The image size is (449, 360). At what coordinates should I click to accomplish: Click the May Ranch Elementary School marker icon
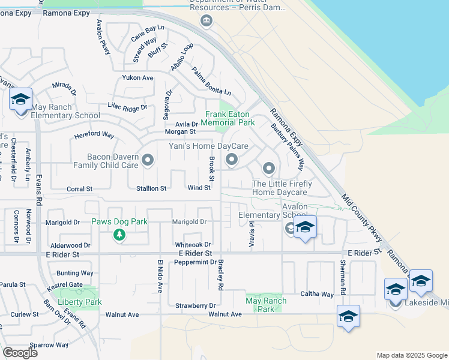click(x=20, y=100)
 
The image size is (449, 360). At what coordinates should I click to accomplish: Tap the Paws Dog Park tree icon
click(x=119, y=235)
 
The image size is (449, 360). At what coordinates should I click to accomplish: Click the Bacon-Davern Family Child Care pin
click(x=148, y=160)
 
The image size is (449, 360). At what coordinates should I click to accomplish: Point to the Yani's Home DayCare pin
click(x=232, y=160)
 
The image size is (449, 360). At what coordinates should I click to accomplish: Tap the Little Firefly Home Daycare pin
click(x=268, y=168)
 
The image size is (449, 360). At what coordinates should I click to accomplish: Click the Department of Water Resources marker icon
click(x=206, y=22)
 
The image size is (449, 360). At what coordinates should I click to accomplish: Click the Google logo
click(x=21, y=353)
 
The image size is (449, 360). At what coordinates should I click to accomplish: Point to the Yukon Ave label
click(x=137, y=78)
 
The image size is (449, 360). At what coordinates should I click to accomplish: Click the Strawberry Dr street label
click(x=195, y=305)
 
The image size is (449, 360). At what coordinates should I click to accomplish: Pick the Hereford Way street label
click(x=94, y=135)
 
